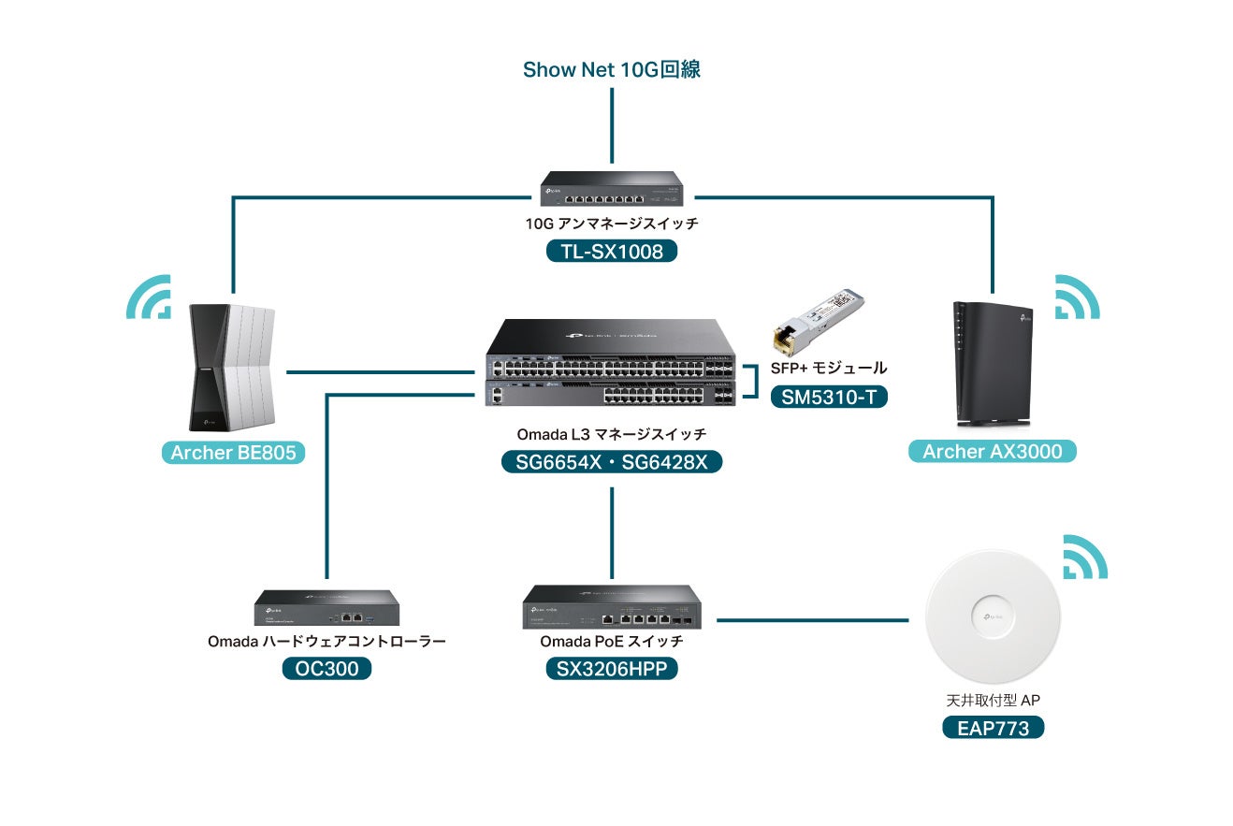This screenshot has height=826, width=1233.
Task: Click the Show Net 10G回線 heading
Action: (x=611, y=70)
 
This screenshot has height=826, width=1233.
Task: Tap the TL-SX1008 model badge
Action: (x=611, y=252)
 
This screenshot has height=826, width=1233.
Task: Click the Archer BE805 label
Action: (x=233, y=454)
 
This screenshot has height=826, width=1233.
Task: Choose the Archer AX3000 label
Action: (x=992, y=452)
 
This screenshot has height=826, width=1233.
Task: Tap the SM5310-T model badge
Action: (x=829, y=398)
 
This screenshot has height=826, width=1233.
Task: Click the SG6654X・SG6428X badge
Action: (x=612, y=462)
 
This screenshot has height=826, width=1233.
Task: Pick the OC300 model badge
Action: (x=326, y=669)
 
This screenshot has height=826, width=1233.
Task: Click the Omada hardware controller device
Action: (x=327, y=608)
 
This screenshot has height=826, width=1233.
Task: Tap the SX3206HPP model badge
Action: (x=612, y=669)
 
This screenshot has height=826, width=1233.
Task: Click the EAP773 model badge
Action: (x=993, y=728)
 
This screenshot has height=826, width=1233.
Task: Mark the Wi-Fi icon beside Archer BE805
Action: (x=150, y=297)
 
